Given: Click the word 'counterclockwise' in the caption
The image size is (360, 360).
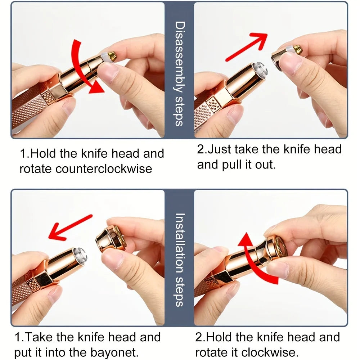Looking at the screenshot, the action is pyautogui.click(x=104, y=169).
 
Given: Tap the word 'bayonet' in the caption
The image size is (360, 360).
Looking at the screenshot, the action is pyautogui.click(x=114, y=352).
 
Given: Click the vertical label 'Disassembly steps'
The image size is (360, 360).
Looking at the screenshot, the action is pyautogui.click(x=180, y=74).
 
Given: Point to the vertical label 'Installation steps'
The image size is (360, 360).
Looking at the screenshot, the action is pyautogui.click(x=180, y=260).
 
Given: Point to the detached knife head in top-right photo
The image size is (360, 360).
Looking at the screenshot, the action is pyautogui.click(x=287, y=54).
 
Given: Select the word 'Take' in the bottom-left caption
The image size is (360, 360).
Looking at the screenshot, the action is pyautogui.click(x=39, y=337).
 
